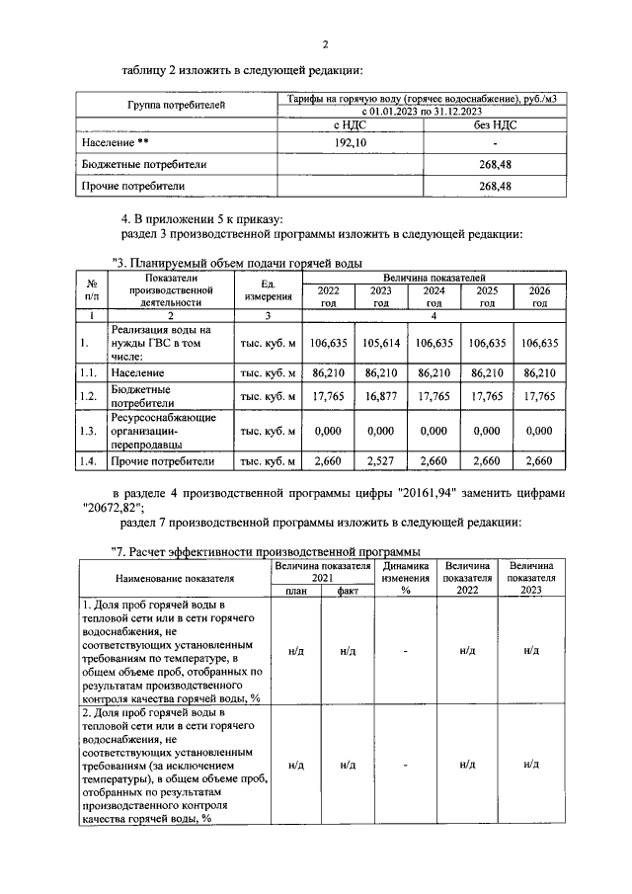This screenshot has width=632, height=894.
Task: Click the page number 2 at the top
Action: [x=324, y=43]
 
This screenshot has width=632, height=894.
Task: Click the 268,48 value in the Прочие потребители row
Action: [x=493, y=185]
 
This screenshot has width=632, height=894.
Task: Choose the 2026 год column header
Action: [x=539, y=296]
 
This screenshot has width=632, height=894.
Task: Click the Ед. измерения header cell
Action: [x=267, y=291]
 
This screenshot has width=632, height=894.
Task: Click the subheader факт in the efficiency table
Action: [x=348, y=591]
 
